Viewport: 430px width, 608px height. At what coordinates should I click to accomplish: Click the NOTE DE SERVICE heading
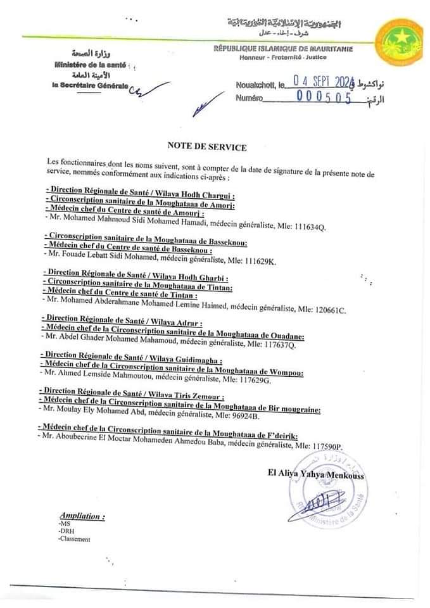pyautogui.click(x=207, y=147)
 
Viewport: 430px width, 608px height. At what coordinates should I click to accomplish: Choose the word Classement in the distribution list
pyautogui.click(x=74, y=540)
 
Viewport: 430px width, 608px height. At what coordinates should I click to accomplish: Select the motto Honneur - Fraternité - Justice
pyautogui.click(x=281, y=58)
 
